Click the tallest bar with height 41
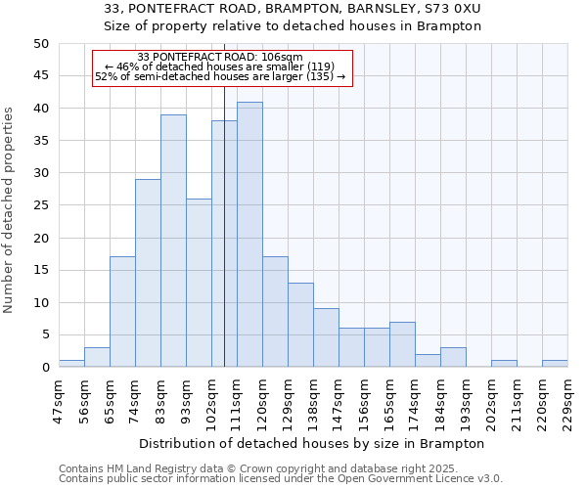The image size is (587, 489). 249,235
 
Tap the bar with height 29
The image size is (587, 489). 148,273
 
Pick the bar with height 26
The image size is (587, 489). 199,283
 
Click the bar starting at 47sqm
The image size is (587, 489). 71,364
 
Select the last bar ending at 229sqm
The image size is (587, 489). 555,364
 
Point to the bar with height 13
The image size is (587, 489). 300,325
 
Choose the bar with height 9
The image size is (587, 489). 326,337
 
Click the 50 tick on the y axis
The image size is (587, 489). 40,44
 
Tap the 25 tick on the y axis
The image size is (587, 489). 40,205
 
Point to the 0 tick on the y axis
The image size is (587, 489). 44,368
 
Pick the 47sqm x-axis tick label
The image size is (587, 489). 59,398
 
